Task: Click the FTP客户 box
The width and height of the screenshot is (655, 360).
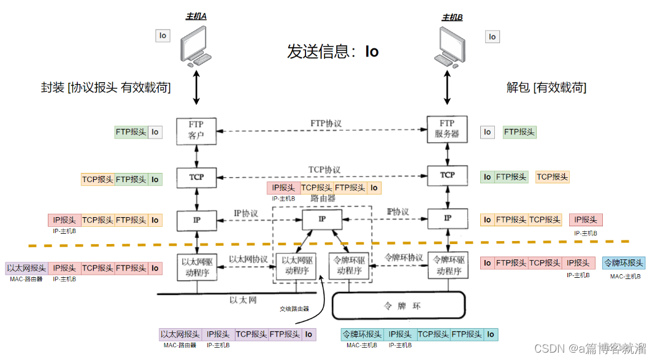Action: [x=197, y=131]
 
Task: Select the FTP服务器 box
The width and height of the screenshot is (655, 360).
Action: [x=447, y=129]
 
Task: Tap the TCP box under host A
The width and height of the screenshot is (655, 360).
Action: [x=197, y=177]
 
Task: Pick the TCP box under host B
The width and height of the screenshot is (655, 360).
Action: [x=447, y=175]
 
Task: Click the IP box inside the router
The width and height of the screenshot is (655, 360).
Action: [x=323, y=219]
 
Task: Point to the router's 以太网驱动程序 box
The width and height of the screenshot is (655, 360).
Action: [x=297, y=267]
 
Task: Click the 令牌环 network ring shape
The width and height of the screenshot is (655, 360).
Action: [x=398, y=305]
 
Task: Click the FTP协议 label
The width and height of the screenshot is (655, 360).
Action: [x=326, y=124]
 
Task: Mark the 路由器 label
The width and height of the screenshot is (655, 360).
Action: [x=323, y=199]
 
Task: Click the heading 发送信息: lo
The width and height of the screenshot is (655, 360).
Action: [x=333, y=52]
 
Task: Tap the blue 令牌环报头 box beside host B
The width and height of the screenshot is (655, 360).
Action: [x=624, y=263]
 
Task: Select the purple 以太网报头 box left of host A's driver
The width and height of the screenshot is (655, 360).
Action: [x=26, y=268]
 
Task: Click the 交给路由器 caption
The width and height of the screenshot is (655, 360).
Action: [x=294, y=309]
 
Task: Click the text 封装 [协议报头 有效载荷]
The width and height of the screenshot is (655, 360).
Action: [x=106, y=88]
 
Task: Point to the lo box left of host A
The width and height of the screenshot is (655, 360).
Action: [x=163, y=36]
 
